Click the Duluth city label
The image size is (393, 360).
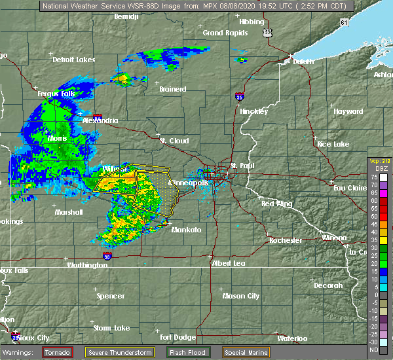tap(303, 62)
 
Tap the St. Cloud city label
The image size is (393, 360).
tap(174, 141)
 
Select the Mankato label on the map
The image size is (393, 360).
tap(186, 230)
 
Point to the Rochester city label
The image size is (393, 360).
tap(286, 240)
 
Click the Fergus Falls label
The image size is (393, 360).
tap(56, 94)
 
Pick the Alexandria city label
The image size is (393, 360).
tap(100, 120)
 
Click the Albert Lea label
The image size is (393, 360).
tap(227, 262)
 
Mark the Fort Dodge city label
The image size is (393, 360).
tap(177, 337)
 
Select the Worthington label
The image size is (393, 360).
tap(86, 265)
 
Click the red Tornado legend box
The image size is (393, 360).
tap(58, 352)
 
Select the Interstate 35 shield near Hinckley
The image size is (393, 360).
tap(240, 96)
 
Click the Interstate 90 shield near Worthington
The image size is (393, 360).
tap(107, 257)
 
